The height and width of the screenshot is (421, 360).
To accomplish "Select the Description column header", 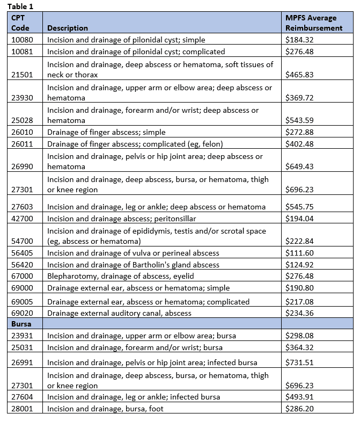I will coord(68,28).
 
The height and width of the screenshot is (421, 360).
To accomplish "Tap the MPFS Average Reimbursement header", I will coord(314,23).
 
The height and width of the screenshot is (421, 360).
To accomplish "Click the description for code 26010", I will coord(106,132).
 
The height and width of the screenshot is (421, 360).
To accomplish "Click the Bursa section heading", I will coord(21,324).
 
